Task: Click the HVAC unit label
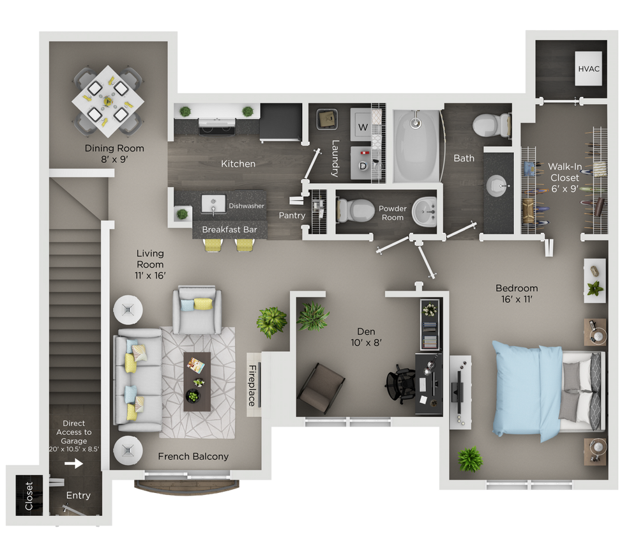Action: [x=588, y=68]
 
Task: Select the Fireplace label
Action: [x=252, y=385]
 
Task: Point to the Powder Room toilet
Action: [x=353, y=209]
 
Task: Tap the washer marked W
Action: [x=363, y=126]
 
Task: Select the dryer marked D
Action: [x=363, y=165]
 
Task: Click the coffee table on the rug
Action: [x=197, y=381]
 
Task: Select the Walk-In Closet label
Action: [x=564, y=178]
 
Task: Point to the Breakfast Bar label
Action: [x=229, y=229]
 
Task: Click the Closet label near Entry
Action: [x=29, y=496]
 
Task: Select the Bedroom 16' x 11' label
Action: [x=517, y=293]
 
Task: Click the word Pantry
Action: [x=292, y=215]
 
